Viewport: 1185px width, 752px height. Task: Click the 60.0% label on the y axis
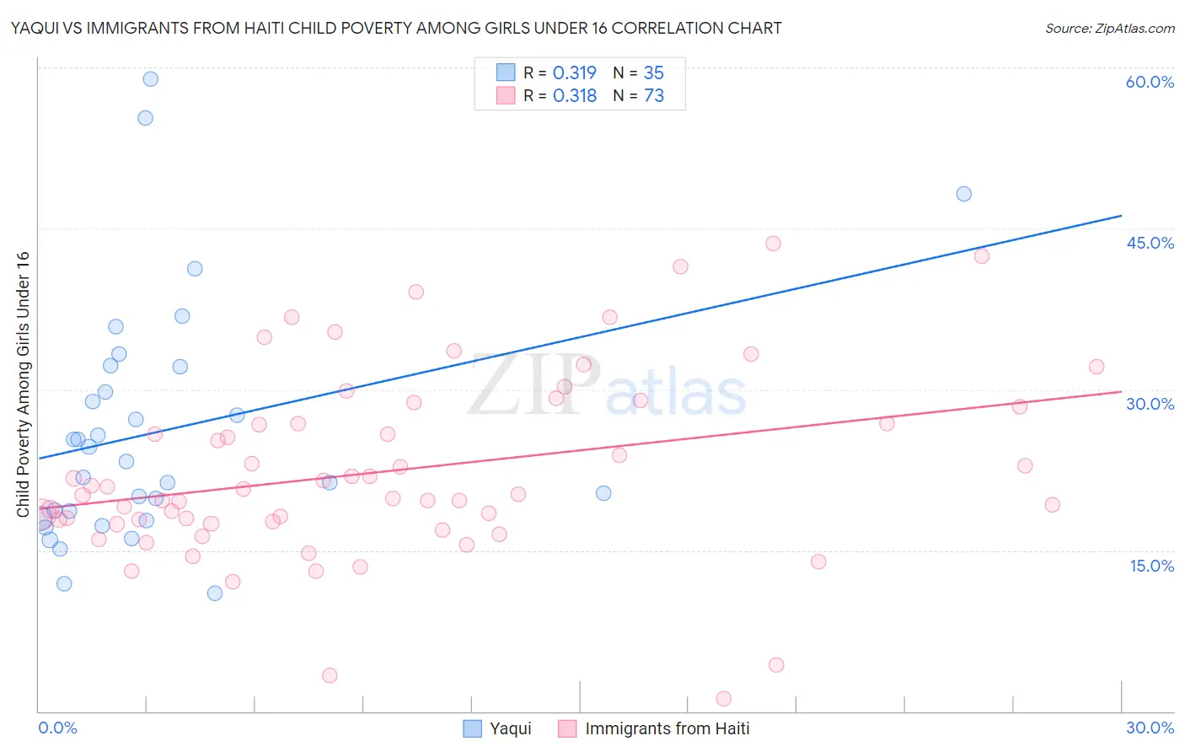(x=1150, y=82)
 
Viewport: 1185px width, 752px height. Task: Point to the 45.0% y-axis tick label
(x=1150, y=243)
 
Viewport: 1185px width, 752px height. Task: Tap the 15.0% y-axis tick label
(x=1151, y=566)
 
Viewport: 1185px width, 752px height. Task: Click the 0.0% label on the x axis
(x=57, y=728)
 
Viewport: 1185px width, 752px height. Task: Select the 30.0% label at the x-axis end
(x=1150, y=728)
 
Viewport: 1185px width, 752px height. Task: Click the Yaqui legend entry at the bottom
(x=510, y=728)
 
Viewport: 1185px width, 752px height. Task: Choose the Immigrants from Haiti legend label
(x=667, y=728)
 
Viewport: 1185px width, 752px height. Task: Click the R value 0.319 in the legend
(x=574, y=73)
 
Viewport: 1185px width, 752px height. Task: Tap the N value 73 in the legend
(x=654, y=96)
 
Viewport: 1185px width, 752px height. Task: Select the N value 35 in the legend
(x=654, y=73)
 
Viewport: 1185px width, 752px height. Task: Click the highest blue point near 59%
(x=150, y=79)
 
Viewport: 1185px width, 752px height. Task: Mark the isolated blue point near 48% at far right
(x=963, y=194)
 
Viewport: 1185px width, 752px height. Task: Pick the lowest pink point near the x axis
(x=723, y=698)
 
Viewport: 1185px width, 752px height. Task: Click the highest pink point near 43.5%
(x=773, y=244)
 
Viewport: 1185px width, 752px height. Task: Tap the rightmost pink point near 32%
(x=1096, y=367)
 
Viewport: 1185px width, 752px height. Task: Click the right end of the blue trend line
(x=1120, y=216)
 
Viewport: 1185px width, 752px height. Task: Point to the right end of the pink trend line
(x=1120, y=392)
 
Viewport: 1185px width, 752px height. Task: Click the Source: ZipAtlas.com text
(x=1109, y=29)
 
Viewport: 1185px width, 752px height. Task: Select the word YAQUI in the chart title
(x=36, y=29)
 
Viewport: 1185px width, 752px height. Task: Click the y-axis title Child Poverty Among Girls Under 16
(x=23, y=384)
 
